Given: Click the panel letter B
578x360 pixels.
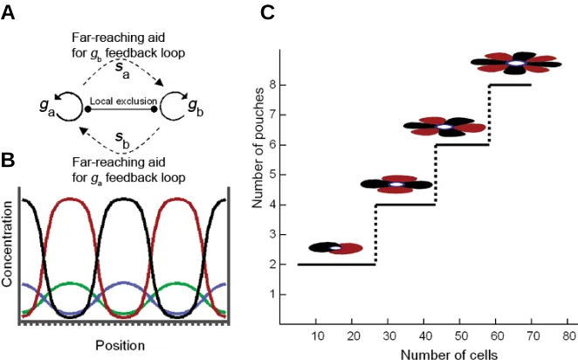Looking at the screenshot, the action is [8, 161].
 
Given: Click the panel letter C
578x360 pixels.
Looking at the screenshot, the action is [267, 12].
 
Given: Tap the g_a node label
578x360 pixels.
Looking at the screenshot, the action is [47, 107].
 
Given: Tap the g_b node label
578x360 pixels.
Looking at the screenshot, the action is [196, 107].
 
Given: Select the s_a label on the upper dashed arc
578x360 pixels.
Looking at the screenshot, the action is [122, 71].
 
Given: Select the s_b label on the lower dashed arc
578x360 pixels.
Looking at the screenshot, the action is [122, 140].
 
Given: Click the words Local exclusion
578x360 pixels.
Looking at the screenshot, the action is [123, 101].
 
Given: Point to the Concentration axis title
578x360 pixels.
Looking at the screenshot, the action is [7, 244].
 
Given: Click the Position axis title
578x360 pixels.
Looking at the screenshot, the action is [120, 346].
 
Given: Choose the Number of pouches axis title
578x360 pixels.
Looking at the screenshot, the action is [258, 148].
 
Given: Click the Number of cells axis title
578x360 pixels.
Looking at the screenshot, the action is [449, 355].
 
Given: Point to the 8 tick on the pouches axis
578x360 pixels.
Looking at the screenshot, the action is [272, 85].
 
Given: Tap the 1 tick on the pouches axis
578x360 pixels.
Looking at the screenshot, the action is [272, 294].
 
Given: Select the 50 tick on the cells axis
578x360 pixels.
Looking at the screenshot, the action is [460, 336].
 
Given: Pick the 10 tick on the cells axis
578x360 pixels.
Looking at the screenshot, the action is [318, 336].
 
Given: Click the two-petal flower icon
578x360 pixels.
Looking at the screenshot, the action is [335, 248].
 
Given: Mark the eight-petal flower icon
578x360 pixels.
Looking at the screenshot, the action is [516, 63].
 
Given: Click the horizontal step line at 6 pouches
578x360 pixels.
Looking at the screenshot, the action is [462, 144].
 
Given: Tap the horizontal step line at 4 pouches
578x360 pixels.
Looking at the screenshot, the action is [405, 204].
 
